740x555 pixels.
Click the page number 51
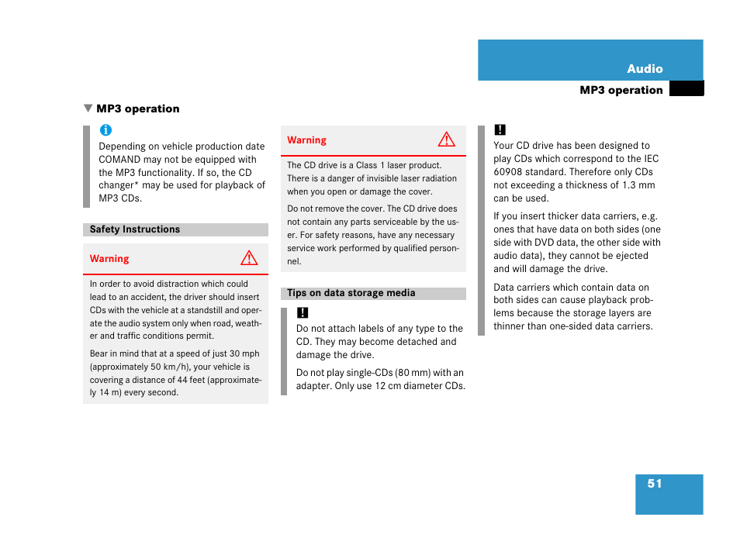pos(655,484)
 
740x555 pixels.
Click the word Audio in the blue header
pos(645,69)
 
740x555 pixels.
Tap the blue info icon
pos(105,130)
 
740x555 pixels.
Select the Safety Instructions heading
pos(135,229)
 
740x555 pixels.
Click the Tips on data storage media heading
pos(351,293)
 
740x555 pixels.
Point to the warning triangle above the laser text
pos(446,140)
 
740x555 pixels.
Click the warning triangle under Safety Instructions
pos(248,259)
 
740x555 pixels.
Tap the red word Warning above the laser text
pos(306,140)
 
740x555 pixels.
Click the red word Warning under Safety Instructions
pos(109,259)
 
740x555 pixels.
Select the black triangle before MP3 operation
pos(88,109)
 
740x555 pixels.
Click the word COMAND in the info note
pos(119,160)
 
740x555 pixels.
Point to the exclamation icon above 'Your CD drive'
pos(500,130)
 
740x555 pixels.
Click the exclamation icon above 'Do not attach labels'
pos(303,313)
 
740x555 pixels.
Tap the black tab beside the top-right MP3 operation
pos(686,89)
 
